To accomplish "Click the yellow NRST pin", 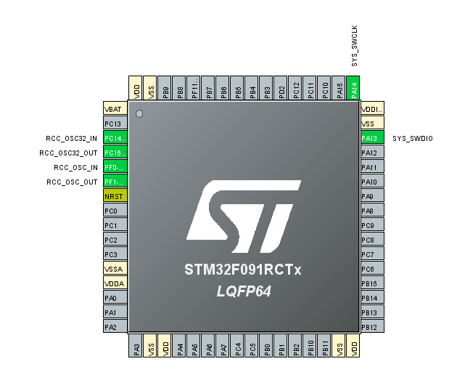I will pos(115,196).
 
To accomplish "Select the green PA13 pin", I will pos(371,138).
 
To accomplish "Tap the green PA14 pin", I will pos(354,88).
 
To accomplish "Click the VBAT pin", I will pos(115,109).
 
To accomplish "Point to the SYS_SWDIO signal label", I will pos(412,138).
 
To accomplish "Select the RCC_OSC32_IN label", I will pos(71,138).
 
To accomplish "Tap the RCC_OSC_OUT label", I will pos(72,182).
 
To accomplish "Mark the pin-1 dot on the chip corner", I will pos(139,114).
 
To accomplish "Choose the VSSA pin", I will pos(115,269).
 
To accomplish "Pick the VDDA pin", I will pos(115,283).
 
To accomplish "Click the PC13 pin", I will pos(115,124).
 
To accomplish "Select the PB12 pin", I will pos(371,327).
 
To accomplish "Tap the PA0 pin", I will pos(115,298).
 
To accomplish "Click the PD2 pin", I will pos(281,88).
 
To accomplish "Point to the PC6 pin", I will pos(371,269).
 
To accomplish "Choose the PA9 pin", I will pos(371,196).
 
